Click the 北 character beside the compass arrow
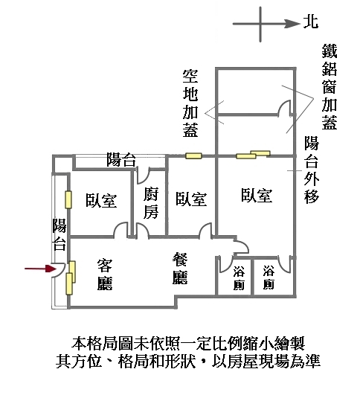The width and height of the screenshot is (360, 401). [x=311, y=22]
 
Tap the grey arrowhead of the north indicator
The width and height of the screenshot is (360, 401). [x=293, y=24]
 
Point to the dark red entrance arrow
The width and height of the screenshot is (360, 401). [x=40, y=269]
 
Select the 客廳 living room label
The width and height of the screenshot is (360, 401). [x=105, y=275]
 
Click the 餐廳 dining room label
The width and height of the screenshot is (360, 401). [x=180, y=269]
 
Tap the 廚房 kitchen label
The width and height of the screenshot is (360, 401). [x=151, y=203]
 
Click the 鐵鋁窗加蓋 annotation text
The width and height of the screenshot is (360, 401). [x=330, y=87]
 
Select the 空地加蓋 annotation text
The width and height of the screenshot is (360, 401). [x=190, y=103]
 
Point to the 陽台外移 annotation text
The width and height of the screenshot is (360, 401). [x=312, y=170]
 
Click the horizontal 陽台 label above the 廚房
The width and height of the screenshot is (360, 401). [x=121, y=159]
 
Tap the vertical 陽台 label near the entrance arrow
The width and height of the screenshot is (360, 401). [x=60, y=234]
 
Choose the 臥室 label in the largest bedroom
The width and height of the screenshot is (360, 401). [x=257, y=196]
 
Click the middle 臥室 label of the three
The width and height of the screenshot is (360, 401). [x=191, y=199]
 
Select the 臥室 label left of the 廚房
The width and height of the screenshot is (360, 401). [x=101, y=201]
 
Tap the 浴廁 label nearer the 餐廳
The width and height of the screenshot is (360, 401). [x=239, y=278]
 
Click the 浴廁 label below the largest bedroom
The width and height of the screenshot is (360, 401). [x=269, y=278]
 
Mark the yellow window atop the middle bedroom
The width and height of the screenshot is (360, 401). [x=193, y=155]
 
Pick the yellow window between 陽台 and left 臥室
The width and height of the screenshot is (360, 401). [x=68, y=199]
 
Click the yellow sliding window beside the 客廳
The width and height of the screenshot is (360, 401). [x=71, y=278]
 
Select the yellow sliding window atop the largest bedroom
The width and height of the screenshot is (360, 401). [x=253, y=155]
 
